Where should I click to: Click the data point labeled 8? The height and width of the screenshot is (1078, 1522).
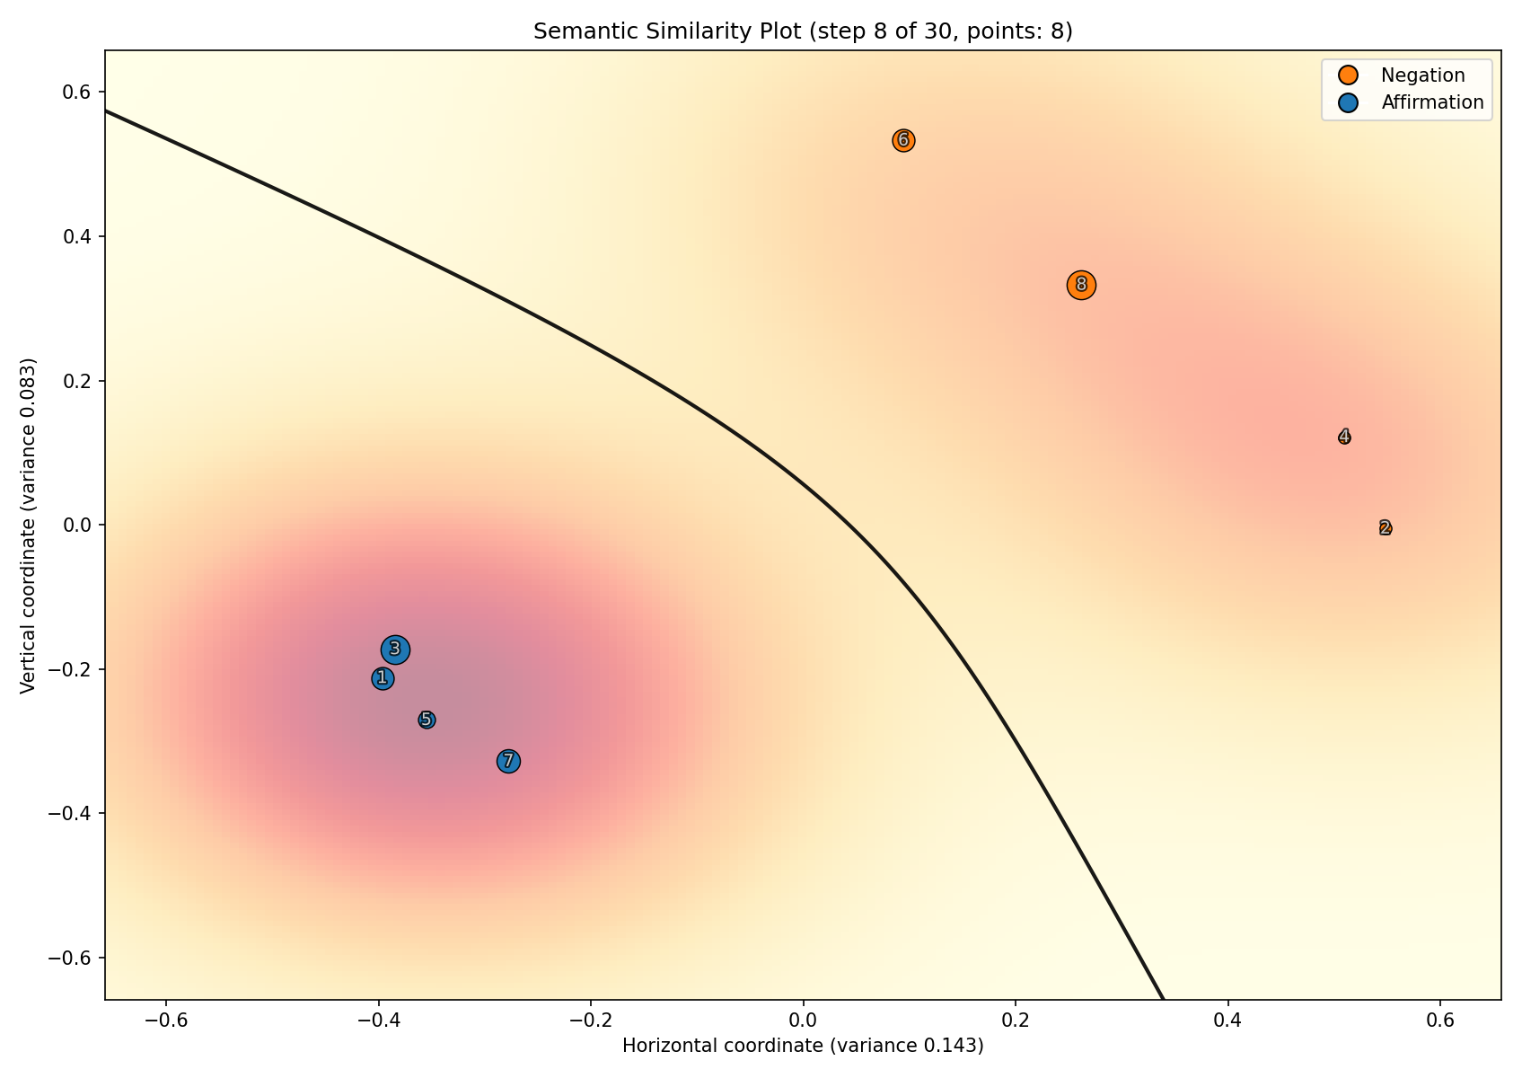click(x=1081, y=285)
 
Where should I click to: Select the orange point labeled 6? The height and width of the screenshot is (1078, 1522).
click(x=903, y=140)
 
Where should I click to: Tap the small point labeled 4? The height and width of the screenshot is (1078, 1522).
click(x=1344, y=437)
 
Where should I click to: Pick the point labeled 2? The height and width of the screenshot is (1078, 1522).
click(x=1386, y=527)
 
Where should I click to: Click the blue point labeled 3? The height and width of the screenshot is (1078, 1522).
click(x=395, y=649)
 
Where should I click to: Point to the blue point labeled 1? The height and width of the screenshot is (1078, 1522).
click(x=383, y=678)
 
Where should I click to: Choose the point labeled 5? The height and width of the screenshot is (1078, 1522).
click(x=427, y=720)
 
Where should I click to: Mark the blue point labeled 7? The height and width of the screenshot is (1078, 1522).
click(x=508, y=761)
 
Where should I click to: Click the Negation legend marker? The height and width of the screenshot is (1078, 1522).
click(x=1347, y=75)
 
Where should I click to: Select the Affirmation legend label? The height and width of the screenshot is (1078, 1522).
click(x=1432, y=102)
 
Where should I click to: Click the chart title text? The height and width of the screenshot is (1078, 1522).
click(x=803, y=31)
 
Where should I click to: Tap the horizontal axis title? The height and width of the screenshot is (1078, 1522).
click(x=803, y=1046)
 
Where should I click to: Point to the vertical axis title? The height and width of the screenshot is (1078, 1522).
click(x=28, y=526)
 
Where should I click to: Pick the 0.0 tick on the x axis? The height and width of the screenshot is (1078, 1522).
click(x=803, y=1021)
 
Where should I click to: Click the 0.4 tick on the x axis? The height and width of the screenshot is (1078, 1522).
click(x=1227, y=1021)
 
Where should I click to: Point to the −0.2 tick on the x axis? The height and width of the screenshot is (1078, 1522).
click(x=591, y=1021)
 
